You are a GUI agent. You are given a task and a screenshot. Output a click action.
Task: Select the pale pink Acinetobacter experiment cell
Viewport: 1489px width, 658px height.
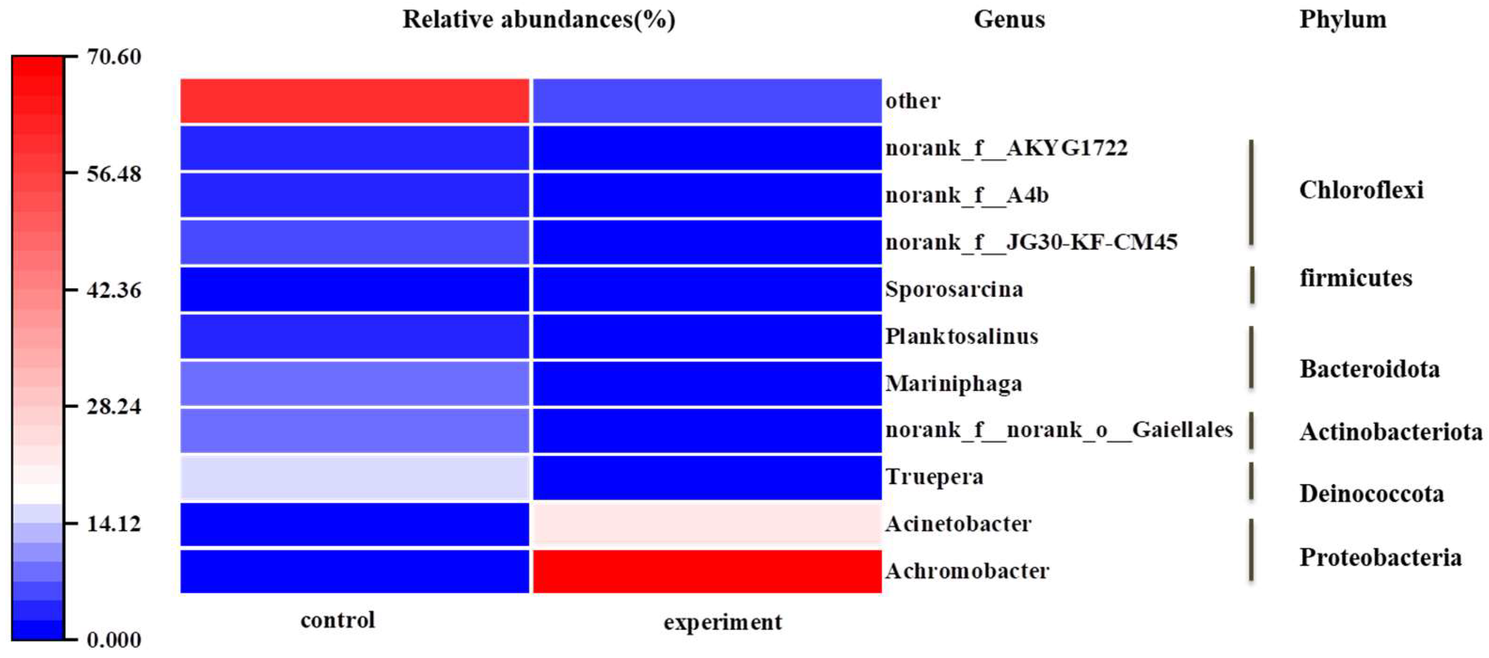[x=707, y=524]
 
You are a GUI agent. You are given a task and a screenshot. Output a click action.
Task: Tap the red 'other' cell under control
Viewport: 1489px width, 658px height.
[x=354, y=101]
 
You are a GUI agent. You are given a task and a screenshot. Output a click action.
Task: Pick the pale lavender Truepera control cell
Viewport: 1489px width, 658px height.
[x=354, y=477]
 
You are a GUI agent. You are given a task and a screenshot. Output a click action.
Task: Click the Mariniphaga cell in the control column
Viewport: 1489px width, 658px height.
[x=354, y=383]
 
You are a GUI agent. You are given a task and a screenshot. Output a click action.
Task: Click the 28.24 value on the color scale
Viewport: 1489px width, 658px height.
[x=114, y=406]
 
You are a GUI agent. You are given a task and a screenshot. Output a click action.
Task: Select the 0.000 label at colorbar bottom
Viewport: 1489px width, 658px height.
[x=114, y=640]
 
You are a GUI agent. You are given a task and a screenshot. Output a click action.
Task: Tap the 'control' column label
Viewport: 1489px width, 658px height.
[x=338, y=620]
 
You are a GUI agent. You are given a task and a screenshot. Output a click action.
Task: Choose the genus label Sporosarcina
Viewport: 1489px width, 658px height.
[x=954, y=289]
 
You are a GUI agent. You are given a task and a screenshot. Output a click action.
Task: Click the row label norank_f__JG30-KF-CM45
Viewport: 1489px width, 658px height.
[x=1031, y=242]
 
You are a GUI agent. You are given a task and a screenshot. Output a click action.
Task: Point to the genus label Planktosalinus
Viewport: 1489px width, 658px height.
[x=962, y=336]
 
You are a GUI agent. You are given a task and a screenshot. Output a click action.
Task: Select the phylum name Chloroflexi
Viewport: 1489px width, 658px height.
[x=1361, y=190]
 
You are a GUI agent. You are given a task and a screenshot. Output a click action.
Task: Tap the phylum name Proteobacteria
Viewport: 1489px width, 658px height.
[x=1380, y=557]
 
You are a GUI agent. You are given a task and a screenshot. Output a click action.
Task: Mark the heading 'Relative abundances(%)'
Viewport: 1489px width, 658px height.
[x=539, y=20]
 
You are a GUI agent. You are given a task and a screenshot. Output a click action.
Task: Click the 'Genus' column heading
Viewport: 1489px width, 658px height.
[x=1009, y=20]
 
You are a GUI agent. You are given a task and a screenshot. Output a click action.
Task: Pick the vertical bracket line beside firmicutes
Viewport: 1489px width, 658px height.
[x=1252, y=285]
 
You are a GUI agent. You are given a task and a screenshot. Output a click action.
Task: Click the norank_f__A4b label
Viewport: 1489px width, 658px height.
[x=966, y=196]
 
